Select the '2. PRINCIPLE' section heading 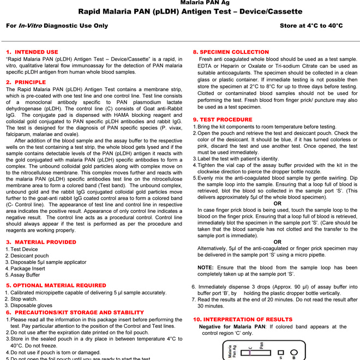click(x=26, y=82)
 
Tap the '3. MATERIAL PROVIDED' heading click(x=41, y=242)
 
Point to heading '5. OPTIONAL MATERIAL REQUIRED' click(x=56, y=285)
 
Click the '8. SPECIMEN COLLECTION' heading click(x=231, y=52)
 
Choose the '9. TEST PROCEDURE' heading click(x=223, y=119)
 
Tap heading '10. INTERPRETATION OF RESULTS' click(x=243, y=319)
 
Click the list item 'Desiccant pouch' click(x=29, y=256)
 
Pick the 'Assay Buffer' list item click(x=25, y=275)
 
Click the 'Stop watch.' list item click(x=24, y=299)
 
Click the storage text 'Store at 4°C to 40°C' click(x=311, y=26)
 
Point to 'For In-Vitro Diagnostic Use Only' click(x=57, y=26)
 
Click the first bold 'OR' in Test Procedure click(x=277, y=203)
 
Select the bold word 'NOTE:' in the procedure click(x=206, y=268)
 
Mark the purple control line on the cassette click(x=249, y=352)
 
